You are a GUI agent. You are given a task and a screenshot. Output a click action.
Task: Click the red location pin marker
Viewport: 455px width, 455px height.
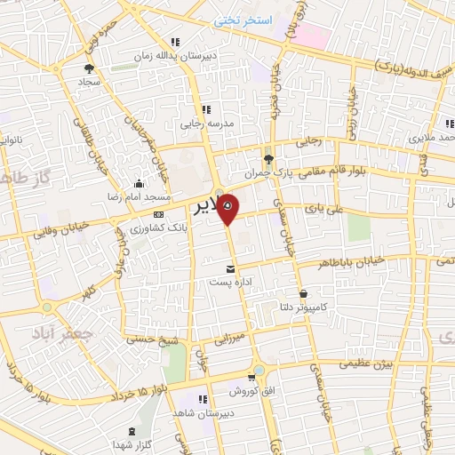228,208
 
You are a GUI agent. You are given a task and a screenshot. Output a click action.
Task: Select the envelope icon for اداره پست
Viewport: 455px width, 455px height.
231,268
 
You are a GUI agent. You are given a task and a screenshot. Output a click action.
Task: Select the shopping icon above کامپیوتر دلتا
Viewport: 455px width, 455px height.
303,293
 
